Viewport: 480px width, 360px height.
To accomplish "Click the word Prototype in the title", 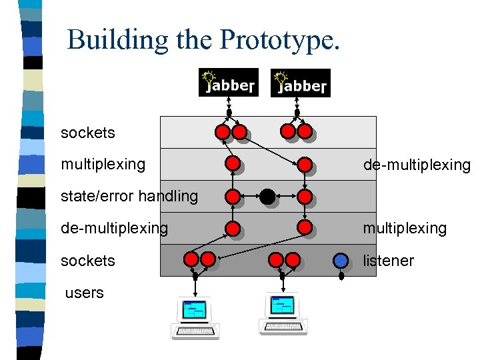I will (x=280, y=39).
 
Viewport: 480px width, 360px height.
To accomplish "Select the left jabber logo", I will (x=228, y=83).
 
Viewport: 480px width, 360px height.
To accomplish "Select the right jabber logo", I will (x=300, y=83).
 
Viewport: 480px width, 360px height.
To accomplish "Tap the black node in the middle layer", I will (x=267, y=197).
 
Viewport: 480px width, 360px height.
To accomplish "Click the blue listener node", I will (x=341, y=260).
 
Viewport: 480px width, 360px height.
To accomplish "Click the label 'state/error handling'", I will (x=129, y=196).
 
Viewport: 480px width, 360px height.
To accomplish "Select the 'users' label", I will (x=85, y=293).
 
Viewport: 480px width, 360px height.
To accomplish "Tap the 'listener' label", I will (x=388, y=261).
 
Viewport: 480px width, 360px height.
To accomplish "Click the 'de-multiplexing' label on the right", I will (x=417, y=165).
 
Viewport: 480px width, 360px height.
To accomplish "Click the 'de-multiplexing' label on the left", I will (x=114, y=228).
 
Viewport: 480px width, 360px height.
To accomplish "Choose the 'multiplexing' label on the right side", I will (x=405, y=228).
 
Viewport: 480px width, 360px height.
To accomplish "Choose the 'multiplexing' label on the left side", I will (x=103, y=164).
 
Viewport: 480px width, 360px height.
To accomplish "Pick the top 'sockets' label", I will (x=87, y=133).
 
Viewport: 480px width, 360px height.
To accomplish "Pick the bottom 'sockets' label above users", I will (x=87, y=261).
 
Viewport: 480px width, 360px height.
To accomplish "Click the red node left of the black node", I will (x=233, y=197).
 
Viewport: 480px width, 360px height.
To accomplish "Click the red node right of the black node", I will (x=305, y=197).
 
